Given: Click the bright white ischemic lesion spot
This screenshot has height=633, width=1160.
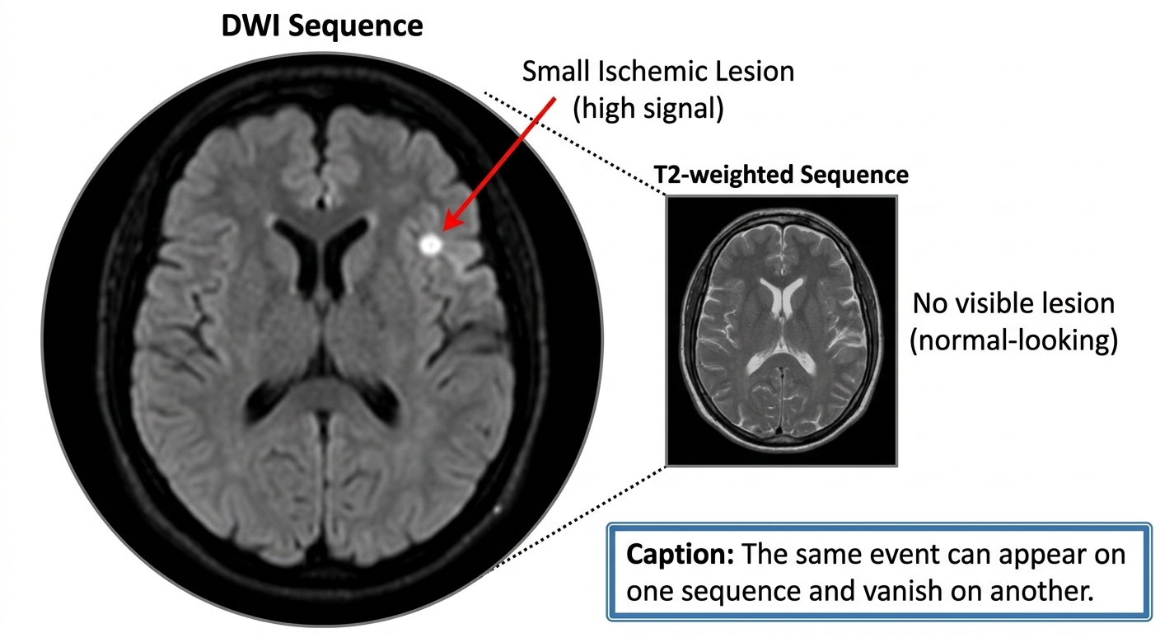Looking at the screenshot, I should pos(429,243).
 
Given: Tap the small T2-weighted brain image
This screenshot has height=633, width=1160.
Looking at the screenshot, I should pos(780,330).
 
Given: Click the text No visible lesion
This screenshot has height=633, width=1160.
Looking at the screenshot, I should pos(1013,303).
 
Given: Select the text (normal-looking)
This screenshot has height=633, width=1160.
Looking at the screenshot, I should pos(1013,340).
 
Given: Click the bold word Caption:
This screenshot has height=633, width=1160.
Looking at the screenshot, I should pos(680,554).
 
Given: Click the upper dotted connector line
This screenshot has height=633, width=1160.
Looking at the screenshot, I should pos(577,141).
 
